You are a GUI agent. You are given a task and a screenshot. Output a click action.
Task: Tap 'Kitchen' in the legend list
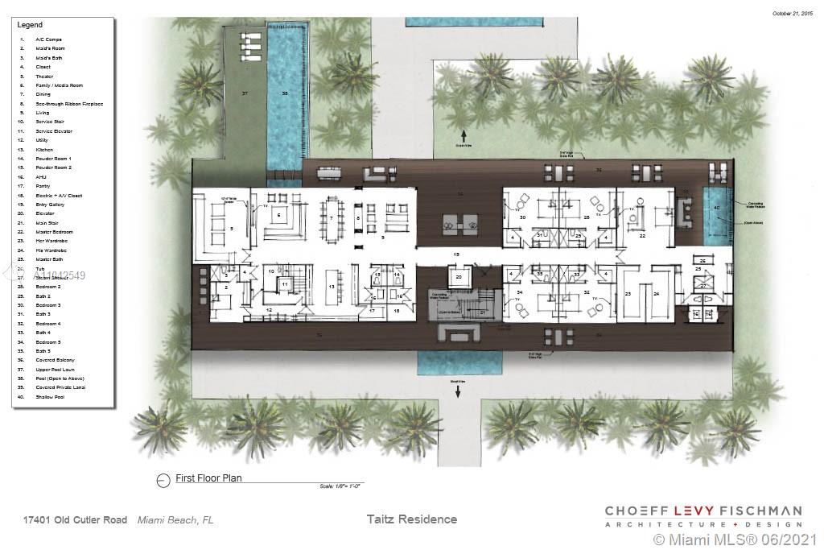44,150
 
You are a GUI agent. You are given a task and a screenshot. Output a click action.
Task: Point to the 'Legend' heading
30,25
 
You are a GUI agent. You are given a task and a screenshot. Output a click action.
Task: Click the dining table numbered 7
331,217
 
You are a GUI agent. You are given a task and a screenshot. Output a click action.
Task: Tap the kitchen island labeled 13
331,287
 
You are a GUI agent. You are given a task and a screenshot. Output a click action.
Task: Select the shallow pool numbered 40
715,208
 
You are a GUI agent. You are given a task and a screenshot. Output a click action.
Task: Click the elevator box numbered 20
459,277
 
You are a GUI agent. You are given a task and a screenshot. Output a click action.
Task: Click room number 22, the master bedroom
642,236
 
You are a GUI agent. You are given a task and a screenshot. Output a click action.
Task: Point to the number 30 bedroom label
522,218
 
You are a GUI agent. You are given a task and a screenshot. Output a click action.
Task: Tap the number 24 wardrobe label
657,294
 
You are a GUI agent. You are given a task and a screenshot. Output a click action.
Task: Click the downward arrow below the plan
459,392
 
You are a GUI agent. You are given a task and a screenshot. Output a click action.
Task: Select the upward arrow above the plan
463,134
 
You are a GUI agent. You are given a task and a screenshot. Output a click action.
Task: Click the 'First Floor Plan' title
208,478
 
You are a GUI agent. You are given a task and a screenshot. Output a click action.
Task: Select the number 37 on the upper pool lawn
245,94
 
